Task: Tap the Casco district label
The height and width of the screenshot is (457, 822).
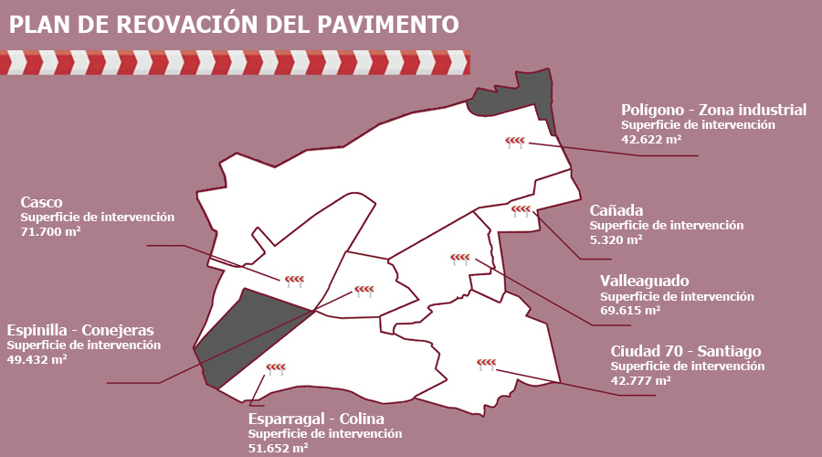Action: tap(41, 201)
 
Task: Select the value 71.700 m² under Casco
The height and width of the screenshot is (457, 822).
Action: tap(51, 232)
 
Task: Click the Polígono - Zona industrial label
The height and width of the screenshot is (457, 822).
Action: tap(713, 110)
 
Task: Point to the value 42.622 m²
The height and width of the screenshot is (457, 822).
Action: tap(652, 139)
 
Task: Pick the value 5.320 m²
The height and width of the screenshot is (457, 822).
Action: tap(616, 239)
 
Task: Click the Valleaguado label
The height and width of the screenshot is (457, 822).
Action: tap(645, 281)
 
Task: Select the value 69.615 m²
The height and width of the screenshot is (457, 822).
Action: tap(630, 311)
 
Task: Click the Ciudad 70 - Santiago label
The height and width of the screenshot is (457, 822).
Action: tap(685, 351)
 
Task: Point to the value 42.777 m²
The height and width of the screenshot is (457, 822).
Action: tap(641, 380)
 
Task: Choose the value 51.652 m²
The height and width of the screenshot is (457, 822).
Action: tap(279, 448)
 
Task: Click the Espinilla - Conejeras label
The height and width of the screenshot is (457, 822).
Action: tap(79, 330)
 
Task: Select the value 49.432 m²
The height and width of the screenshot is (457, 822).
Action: tap(37, 360)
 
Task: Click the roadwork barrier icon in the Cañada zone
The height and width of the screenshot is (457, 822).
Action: tap(521, 211)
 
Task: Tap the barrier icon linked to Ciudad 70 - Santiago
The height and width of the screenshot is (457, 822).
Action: tap(486, 365)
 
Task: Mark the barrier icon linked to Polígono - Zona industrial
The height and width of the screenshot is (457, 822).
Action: tap(515, 142)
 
